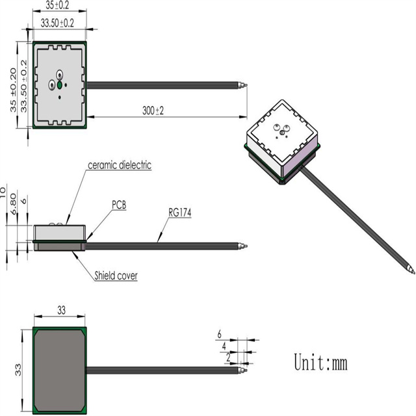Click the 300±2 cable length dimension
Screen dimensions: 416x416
[x=153, y=110]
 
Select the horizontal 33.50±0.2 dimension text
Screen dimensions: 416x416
[x=57, y=22]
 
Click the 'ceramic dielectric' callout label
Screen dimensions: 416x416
[x=120, y=165]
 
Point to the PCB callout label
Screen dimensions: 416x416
[x=118, y=205]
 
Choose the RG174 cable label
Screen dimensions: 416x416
[x=181, y=212]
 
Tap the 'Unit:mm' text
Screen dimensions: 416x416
[x=320, y=362]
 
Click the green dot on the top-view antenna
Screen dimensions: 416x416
[x=59, y=84]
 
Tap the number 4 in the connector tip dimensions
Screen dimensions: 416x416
[x=224, y=346]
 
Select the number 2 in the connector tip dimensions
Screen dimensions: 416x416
[x=227, y=357]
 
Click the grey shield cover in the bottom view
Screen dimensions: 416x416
[x=60, y=369]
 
